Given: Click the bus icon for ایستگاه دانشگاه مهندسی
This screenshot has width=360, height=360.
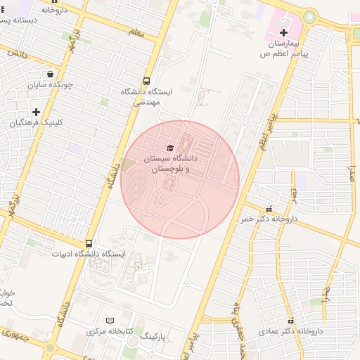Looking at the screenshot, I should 146,81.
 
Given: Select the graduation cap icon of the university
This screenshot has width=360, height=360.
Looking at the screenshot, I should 169,148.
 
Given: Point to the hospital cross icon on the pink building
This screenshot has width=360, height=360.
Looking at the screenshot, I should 283,32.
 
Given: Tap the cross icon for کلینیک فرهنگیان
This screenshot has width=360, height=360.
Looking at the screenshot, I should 36,111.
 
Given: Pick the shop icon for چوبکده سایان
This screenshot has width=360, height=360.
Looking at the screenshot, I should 50,74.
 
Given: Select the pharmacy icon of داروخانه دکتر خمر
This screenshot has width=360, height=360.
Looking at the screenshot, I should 269,208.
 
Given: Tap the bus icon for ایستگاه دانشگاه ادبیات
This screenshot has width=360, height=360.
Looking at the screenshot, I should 88,243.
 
